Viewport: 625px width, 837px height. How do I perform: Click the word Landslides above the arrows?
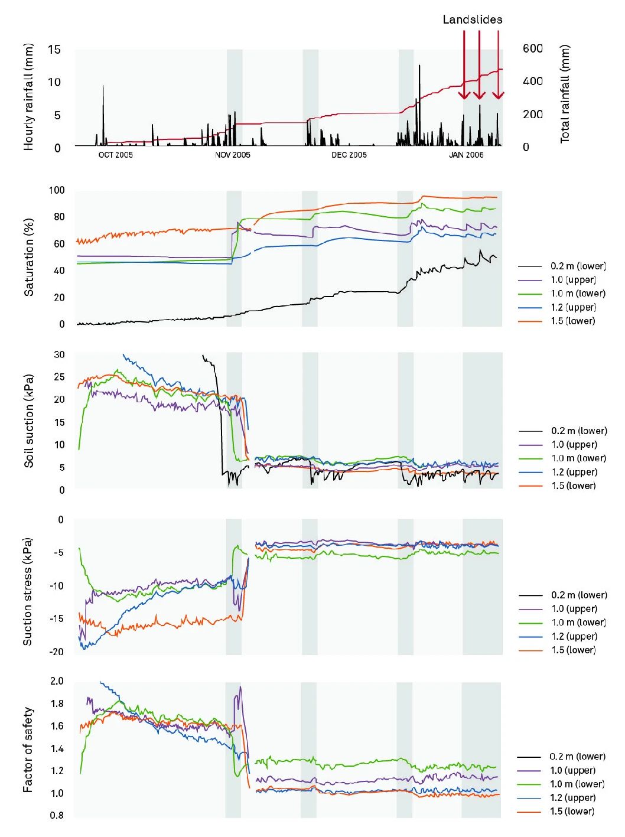click(x=472, y=19)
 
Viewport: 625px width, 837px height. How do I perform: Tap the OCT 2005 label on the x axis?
click(x=115, y=155)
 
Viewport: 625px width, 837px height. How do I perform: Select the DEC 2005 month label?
click(x=349, y=155)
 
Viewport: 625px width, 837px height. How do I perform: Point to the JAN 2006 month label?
click(x=466, y=155)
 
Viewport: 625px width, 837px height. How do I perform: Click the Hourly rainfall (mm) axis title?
click(x=28, y=97)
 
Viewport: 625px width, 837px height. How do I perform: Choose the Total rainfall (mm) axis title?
click(x=565, y=93)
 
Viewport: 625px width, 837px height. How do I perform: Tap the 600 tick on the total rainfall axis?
click(x=532, y=48)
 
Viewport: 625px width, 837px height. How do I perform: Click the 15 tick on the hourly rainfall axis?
click(x=54, y=50)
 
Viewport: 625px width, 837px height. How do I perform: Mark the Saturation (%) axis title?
click(x=28, y=257)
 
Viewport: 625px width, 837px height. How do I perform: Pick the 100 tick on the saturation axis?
click(x=57, y=190)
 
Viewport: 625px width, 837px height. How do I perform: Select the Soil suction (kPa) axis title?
click(x=28, y=421)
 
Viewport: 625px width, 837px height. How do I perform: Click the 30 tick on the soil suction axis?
click(x=59, y=355)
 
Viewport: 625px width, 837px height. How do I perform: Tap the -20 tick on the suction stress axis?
click(x=57, y=652)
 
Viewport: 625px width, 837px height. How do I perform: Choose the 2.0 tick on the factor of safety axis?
click(x=57, y=681)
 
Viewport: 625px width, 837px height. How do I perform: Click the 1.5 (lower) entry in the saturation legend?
click(x=572, y=321)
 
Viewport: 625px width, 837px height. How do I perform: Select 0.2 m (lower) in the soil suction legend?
click(x=578, y=431)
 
